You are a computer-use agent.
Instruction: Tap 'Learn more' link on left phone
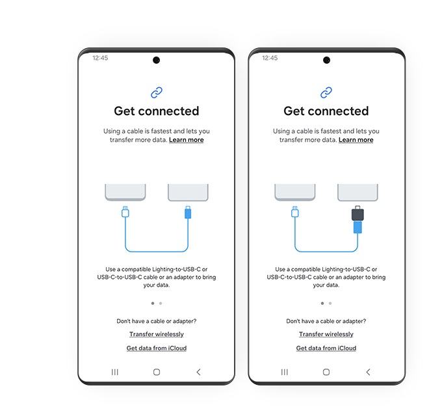coord(186,140)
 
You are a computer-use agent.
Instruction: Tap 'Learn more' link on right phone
coord(356,140)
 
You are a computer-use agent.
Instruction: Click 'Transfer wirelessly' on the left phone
coord(156,334)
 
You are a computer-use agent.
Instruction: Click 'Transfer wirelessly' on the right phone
coord(326,334)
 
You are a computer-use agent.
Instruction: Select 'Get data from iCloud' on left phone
coord(156,348)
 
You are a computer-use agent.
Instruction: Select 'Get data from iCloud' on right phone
coord(326,348)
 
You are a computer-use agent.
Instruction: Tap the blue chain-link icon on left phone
coord(156,93)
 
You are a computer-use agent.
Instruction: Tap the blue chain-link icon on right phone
coord(326,93)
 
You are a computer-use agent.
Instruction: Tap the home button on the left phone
coord(156,372)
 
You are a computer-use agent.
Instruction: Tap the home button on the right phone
coord(326,372)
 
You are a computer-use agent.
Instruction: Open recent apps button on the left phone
coord(114,372)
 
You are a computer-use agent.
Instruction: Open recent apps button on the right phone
coord(284,372)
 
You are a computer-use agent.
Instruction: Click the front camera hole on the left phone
coord(156,60)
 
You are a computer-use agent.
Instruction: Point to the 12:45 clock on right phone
coord(270,58)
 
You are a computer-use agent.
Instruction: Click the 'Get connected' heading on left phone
coord(156,111)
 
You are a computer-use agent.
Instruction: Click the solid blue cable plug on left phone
coord(187,213)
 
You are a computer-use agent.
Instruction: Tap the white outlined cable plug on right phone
coord(294,212)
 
